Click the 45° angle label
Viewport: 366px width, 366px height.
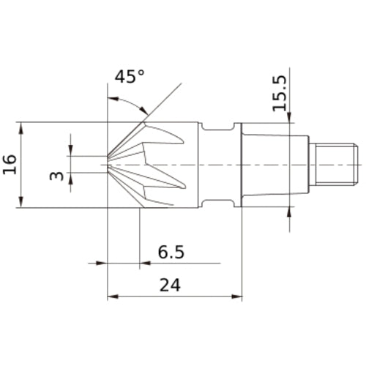click(130, 77)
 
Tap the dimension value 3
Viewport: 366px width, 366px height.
click(54, 176)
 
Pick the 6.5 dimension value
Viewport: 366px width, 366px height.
click(171, 253)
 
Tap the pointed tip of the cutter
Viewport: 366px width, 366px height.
click(109, 163)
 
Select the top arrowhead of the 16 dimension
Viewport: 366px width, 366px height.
click(23, 126)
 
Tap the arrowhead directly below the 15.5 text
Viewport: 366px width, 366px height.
click(290, 118)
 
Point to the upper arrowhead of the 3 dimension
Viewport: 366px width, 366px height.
click(71, 151)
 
